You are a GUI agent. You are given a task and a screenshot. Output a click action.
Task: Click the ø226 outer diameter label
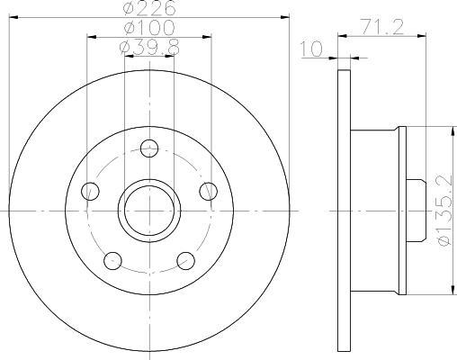(x=149, y=8)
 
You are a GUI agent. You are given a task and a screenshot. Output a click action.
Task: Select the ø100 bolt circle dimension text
(x=149, y=28)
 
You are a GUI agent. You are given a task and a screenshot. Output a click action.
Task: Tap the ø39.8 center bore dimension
(x=149, y=48)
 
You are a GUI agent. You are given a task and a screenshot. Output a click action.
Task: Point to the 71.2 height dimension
(x=382, y=27)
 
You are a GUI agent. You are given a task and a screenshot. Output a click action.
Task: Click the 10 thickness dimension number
(x=311, y=49)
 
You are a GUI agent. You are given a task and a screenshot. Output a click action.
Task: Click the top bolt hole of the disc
(x=149, y=148)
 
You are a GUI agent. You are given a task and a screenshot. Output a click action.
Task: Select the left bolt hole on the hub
(x=90, y=191)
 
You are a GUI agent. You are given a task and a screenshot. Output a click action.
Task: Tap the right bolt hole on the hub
(x=209, y=191)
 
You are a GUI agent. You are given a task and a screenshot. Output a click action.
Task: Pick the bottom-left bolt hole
(x=112, y=261)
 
